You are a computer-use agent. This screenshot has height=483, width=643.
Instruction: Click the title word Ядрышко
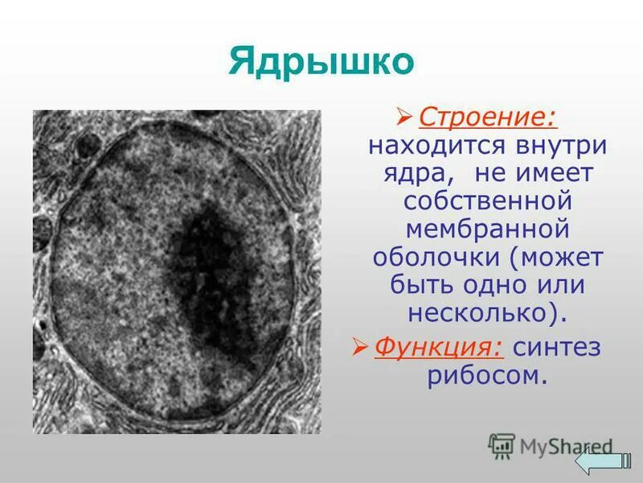pyautogui.click(x=321, y=62)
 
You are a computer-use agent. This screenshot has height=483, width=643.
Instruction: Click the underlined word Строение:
pyautogui.click(x=488, y=119)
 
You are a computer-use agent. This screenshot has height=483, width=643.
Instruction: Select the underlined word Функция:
pyautogui.click(x=440, y=347)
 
